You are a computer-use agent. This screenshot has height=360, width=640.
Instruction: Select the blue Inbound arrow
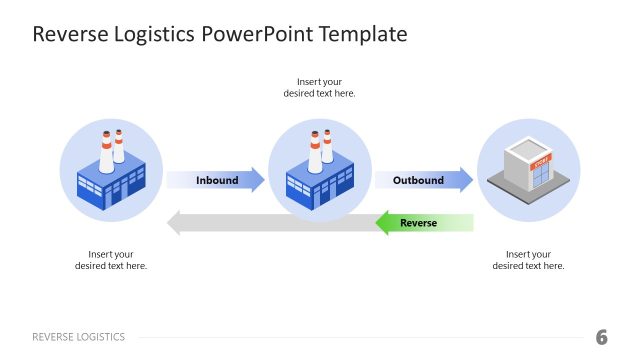click(216, 180)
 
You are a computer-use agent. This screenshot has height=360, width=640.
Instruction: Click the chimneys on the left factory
click(110, 146)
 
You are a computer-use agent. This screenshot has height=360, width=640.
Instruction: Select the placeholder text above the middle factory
click(319, 87)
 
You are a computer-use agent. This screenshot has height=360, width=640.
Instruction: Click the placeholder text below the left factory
click(110, 260)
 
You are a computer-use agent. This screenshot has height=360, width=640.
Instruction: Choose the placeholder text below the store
click(528, 260)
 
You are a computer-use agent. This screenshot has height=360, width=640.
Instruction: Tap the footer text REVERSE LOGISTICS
click(79, 337)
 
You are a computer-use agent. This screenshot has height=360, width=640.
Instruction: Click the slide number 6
click(601, 337)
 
